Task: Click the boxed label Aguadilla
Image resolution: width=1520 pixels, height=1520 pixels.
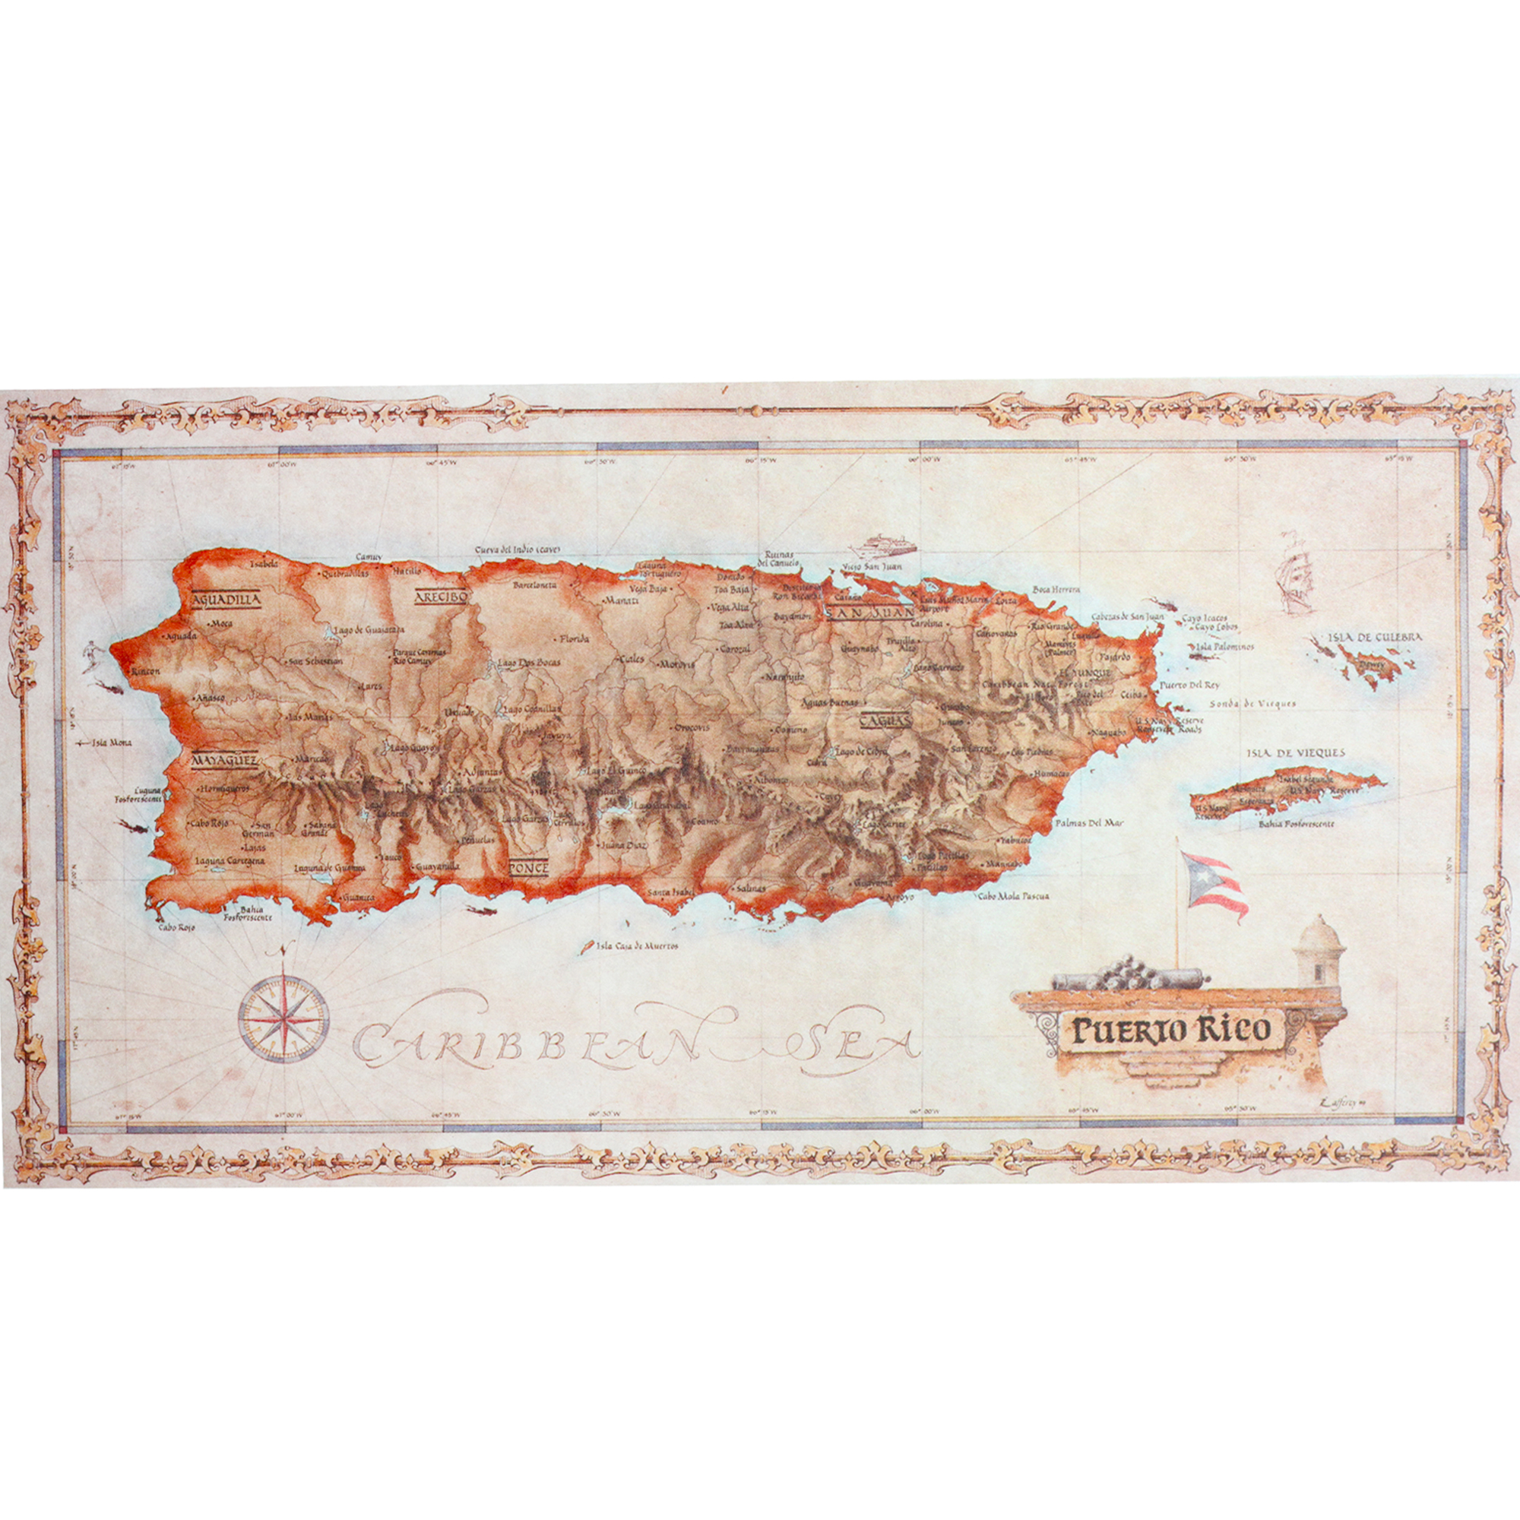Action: [226, 600]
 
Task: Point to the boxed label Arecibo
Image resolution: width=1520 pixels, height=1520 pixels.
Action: [442, 597]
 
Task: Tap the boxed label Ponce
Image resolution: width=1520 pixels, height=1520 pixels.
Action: [528, 867]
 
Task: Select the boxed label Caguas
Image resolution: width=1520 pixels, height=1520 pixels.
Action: [885, 719]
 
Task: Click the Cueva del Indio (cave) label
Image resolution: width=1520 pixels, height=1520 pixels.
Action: [517, 549]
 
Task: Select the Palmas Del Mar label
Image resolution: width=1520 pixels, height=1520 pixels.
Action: [1089, 823]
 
